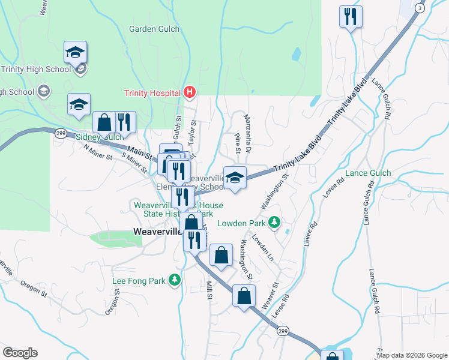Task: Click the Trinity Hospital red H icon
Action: (190, 92)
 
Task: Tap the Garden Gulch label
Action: (151, 29)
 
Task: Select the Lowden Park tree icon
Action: (274, 223)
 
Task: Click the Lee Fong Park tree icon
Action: (175, 280)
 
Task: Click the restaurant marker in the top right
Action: (351, 17)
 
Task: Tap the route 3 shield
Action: (420, 8)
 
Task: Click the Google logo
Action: (20, 353)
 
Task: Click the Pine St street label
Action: (238, 140)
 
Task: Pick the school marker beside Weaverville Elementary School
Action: (235, 178)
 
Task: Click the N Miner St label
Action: (97, 154)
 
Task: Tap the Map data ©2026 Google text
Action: (412, 355)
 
